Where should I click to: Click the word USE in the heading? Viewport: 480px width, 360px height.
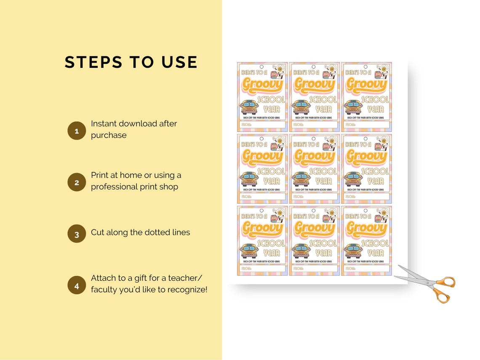179,62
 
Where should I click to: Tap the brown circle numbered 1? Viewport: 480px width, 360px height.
77,131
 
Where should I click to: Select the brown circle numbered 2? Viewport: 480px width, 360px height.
77,183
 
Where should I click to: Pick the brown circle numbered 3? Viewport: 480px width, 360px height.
77,234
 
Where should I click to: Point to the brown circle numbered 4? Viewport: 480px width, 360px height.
77,285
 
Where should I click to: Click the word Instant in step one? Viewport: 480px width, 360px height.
104,124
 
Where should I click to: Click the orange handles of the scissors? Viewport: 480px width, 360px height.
443,289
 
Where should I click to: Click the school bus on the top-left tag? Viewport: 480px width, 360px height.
248,107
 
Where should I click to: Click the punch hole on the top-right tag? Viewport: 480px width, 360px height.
365,67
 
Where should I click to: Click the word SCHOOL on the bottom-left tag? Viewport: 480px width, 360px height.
271,243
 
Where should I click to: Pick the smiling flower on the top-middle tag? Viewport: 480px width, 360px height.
332,70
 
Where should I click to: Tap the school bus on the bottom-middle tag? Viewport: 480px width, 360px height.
301,251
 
